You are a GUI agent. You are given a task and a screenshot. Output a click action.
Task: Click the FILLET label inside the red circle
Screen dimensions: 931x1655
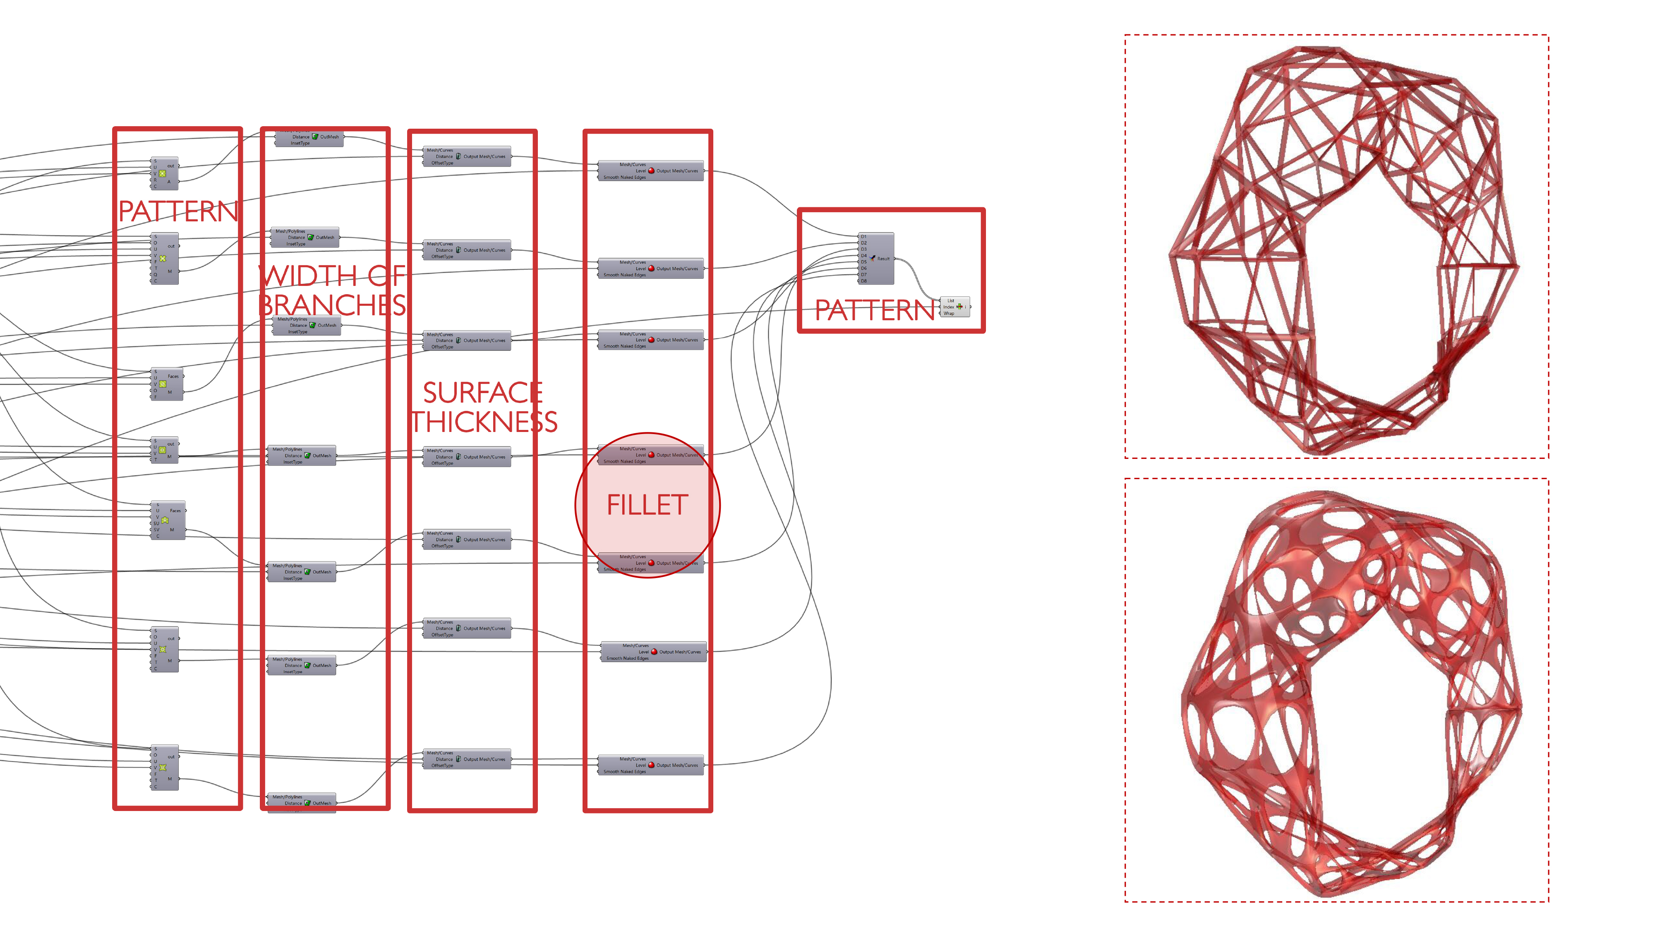[647, 505]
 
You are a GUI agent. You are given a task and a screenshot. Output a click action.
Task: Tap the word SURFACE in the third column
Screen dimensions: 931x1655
[482, 393]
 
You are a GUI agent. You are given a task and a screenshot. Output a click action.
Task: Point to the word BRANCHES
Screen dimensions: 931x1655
[332, 305]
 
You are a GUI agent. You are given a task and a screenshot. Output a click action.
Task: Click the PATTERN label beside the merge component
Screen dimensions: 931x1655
[874, 310]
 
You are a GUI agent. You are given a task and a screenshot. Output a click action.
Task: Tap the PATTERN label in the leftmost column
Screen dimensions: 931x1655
[178, 211]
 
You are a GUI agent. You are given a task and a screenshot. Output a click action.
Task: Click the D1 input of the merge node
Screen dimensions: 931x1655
[863, 236]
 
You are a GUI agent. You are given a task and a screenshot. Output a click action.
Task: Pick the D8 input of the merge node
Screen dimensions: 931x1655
[863, 281]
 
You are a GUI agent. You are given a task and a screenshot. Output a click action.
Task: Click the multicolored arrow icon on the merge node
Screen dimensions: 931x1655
[873, 258]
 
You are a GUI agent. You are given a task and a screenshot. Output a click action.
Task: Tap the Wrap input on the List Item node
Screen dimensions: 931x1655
[948, 314]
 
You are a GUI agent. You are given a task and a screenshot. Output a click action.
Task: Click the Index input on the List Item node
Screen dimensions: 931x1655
[948, 307]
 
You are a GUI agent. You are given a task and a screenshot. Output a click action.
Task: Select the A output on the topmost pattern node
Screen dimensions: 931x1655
[169, 182]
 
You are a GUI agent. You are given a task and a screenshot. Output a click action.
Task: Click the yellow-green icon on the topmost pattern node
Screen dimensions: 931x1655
[163, 173]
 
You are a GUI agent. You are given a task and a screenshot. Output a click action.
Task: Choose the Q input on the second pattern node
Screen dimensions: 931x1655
[156, 274]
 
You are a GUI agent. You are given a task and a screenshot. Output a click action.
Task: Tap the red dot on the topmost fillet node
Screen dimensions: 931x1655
[651, 171]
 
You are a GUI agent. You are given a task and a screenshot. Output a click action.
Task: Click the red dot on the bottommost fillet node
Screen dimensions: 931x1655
[651, 765]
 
